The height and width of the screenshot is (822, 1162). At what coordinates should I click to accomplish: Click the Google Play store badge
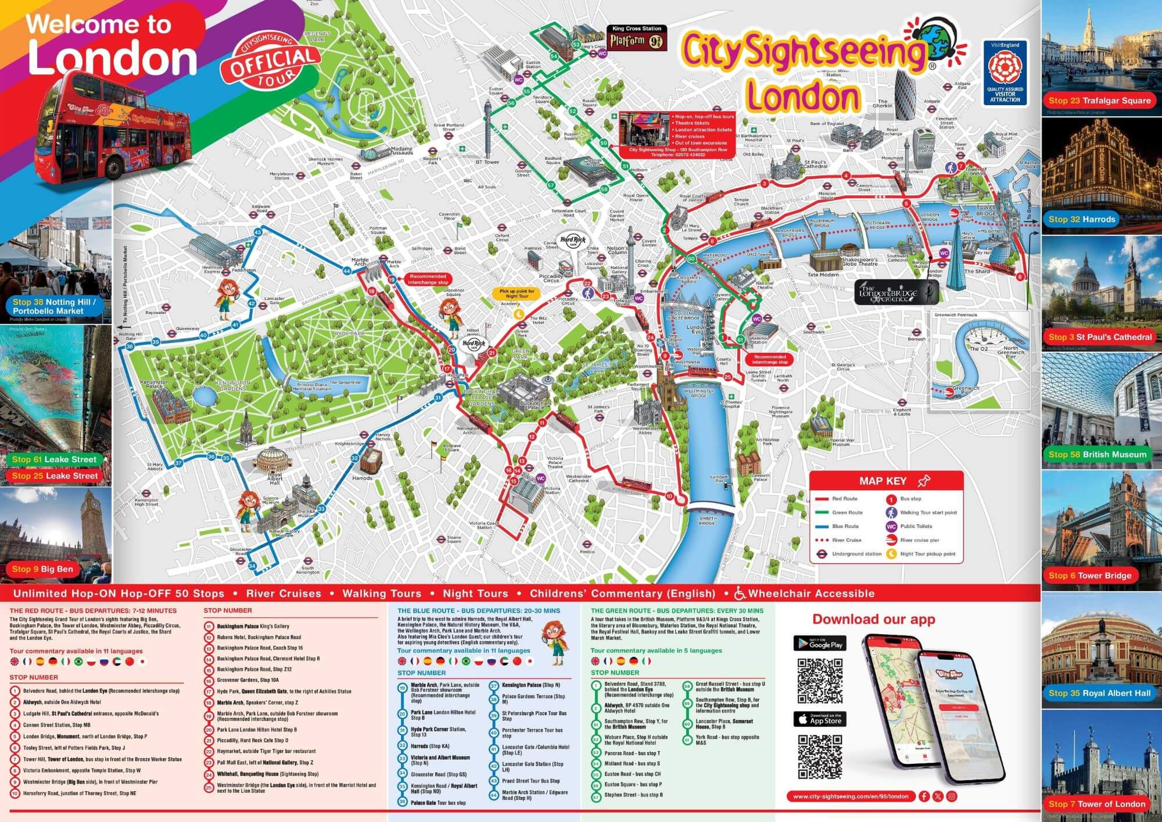click(820, 643)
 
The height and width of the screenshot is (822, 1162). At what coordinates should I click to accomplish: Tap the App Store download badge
click(820, 719)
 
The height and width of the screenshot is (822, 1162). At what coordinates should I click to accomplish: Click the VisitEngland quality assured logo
click(1005, 73)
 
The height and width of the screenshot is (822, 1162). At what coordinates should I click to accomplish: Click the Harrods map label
click(362, 478)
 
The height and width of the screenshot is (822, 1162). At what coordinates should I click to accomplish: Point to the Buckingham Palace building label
click(535, 405)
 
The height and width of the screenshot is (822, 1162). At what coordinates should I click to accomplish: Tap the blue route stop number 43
click(258, 232)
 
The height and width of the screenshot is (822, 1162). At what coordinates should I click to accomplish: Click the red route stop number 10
click(669, 496)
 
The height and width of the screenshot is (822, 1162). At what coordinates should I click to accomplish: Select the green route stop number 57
click(551, 185)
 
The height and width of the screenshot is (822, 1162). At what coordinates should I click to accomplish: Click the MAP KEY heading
click(883, 481)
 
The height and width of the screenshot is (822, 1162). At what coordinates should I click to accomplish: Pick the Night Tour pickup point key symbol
click(891, 553)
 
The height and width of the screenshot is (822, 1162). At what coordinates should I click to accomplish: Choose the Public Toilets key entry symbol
click(891, 526)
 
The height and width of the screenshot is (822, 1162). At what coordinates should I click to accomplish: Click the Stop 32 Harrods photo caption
click(1082, 219)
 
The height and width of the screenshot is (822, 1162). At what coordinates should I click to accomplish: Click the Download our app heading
click(874, 619)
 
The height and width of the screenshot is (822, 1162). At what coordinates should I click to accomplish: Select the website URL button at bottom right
click(851, 796)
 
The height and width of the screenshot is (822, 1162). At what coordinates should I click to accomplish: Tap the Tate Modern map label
click(823, 274)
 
